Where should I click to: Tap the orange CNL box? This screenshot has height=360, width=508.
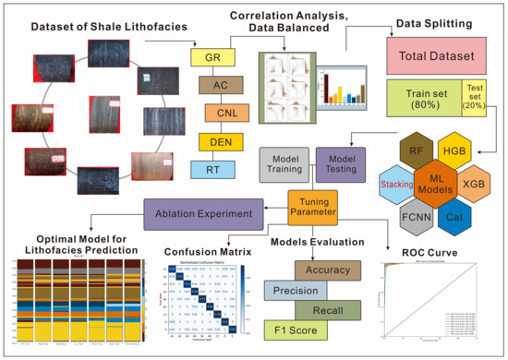pyautogui.click(x=222, y=114)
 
